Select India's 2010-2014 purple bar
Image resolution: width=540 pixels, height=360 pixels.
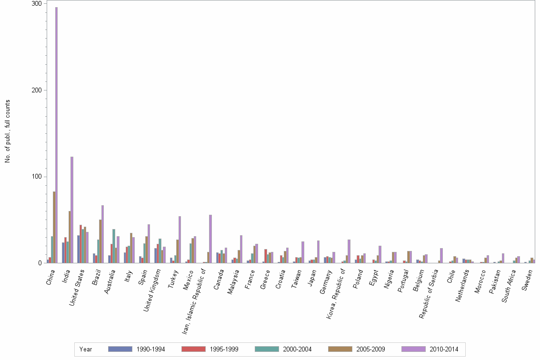click(72, 210)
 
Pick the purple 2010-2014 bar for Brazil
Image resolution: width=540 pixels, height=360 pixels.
click(102, 234)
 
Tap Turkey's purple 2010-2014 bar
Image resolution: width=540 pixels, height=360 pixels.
click(180, 240)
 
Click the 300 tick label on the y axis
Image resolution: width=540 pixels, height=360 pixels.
click(37, 3)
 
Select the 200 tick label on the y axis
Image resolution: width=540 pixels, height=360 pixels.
click(37, 90)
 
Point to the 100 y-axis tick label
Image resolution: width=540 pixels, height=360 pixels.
click(37, 177)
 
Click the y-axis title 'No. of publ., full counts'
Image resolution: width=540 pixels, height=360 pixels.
click(8, 131)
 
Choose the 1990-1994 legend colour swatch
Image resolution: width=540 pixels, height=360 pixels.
click(120, 349)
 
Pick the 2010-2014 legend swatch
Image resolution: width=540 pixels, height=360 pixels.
click(413, 349)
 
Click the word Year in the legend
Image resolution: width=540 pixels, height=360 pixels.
click(86, 349)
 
